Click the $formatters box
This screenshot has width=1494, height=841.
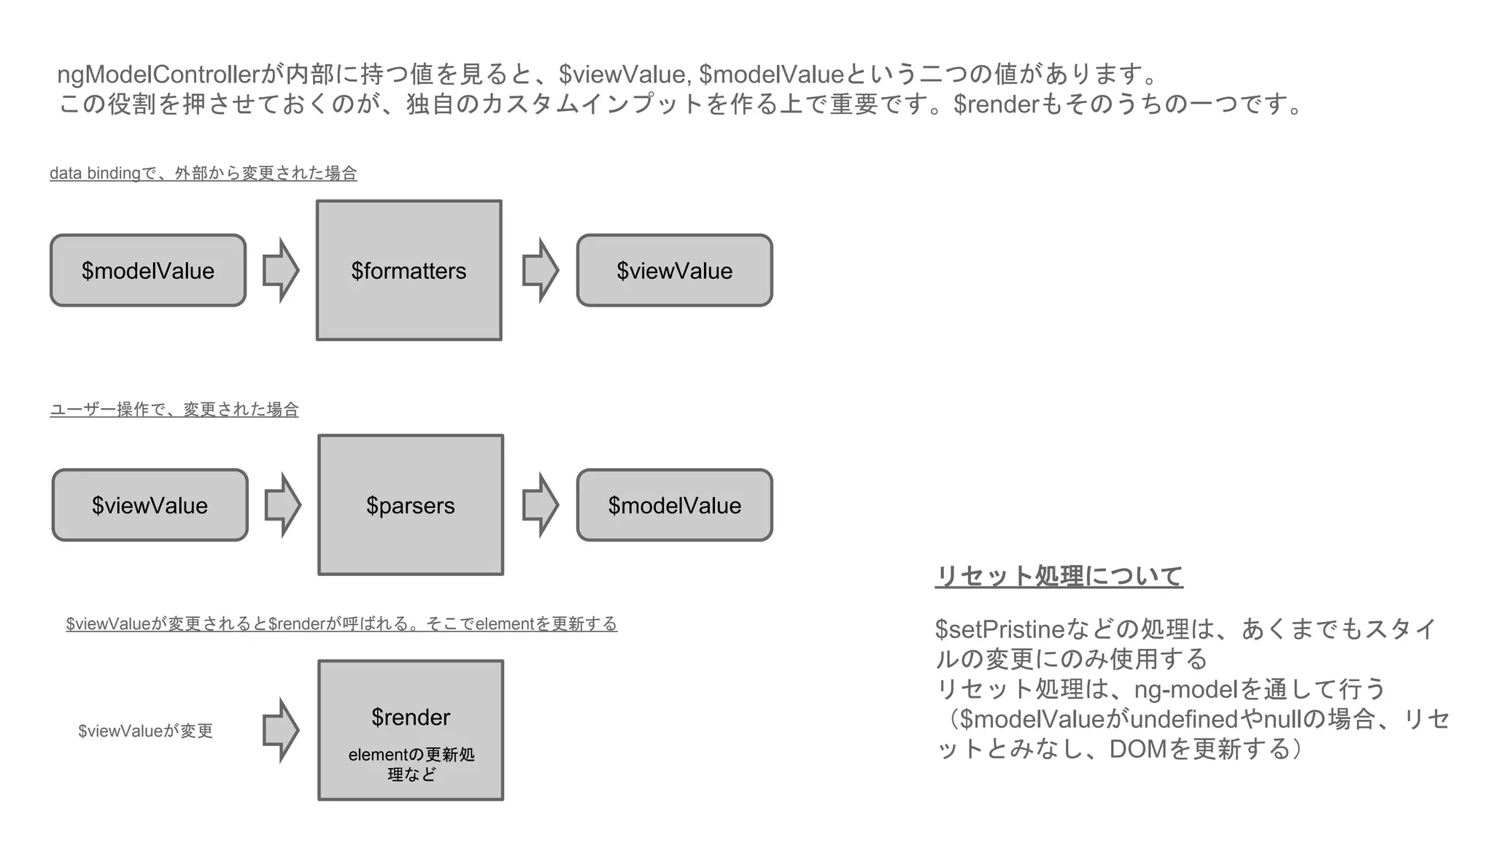[409, 270]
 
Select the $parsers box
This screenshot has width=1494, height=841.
[411, 504]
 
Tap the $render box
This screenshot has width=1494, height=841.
[411, 730]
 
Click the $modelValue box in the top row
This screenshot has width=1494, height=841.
[148, 270]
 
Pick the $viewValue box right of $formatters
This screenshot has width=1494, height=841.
[674, 270]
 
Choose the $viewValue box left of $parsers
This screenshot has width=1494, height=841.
[150, 504]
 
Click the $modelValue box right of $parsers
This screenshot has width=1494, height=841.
[674, 504]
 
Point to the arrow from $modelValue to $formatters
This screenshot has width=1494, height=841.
[281, 270]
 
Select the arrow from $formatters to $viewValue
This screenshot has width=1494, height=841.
[541, 270]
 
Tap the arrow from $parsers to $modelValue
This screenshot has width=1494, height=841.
[541, 504]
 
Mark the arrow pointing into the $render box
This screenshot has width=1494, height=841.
[281, 730]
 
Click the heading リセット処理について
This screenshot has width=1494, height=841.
[1058, 576]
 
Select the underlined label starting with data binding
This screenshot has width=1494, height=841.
[203, 173]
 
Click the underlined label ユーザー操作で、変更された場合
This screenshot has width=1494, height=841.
[174, 410]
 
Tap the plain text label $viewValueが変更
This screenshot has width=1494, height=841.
[145, 731]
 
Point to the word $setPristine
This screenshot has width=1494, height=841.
[1000, 629]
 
